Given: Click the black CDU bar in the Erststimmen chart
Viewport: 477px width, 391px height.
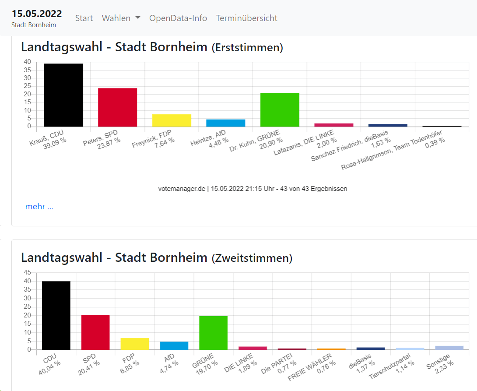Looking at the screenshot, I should point(63,95).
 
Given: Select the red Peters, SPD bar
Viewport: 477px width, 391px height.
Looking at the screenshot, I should point(117,107).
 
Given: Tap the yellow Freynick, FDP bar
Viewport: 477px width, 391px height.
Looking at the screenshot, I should point(172,120).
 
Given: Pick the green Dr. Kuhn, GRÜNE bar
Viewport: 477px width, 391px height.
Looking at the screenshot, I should point(280,109).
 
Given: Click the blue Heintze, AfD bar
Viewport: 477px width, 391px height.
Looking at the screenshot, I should point(226,123).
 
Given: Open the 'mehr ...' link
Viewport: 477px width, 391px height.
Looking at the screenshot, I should point(39,207).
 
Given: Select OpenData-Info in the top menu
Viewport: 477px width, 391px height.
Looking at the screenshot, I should point(178,18).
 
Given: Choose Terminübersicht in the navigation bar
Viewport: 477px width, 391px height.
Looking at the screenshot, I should point(246,18).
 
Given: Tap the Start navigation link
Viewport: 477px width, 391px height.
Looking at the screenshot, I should point(84,18).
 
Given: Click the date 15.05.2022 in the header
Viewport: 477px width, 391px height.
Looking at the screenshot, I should point(37,14).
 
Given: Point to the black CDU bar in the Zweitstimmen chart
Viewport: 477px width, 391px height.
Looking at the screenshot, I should point(56,315).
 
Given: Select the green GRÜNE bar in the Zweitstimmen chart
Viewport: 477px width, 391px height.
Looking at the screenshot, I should point(213,333).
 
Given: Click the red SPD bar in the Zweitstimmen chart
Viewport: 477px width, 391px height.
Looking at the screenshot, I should point(95,332).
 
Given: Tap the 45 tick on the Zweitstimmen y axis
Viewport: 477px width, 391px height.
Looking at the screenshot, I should point(28,272).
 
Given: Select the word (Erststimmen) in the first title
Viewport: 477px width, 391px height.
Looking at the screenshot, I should point(247,48).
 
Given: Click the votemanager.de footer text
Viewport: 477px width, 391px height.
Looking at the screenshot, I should point(253,189).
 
